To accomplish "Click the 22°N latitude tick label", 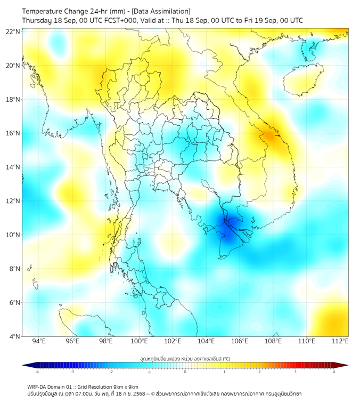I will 13,32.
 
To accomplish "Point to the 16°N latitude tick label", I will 13,133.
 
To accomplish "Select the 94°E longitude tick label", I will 39,342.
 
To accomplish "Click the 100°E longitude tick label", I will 140,342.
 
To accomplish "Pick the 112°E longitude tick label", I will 340,342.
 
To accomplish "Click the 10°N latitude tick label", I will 13,235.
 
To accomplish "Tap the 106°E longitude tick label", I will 240,342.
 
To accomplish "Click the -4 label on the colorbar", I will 37,372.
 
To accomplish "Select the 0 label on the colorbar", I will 185,372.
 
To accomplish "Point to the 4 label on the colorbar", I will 334,372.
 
